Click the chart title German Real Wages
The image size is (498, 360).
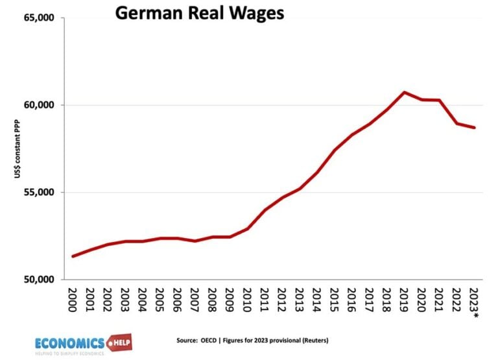200,13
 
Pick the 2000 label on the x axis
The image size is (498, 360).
73,300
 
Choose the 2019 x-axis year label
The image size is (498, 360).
405,300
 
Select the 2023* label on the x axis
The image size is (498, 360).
475,302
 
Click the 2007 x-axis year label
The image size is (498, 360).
195,300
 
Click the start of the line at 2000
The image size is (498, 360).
73,256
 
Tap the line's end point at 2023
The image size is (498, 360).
475,128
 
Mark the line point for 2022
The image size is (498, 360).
457,123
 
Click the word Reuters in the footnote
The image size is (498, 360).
336,341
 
